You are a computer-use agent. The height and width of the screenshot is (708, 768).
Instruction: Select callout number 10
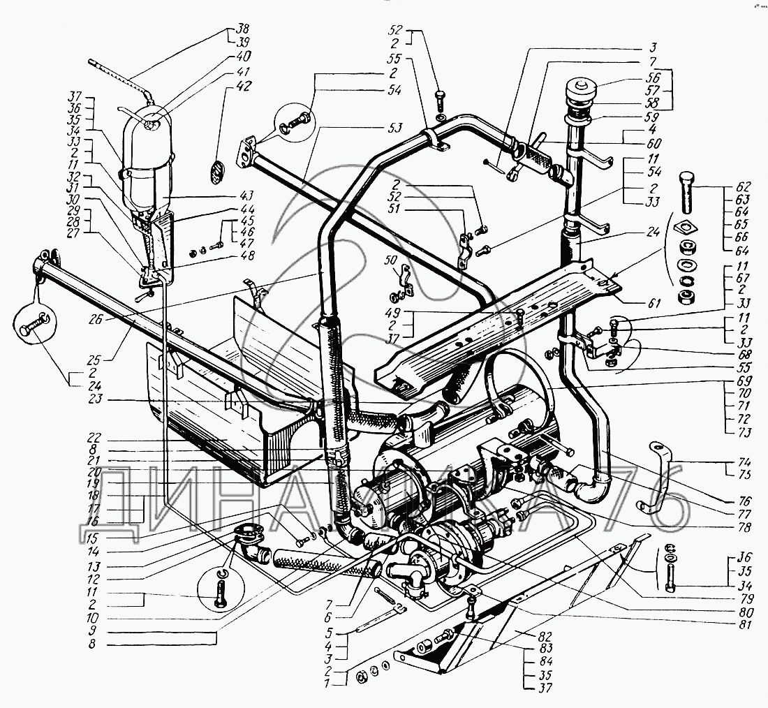93,618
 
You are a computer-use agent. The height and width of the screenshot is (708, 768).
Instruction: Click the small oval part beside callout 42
217,172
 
